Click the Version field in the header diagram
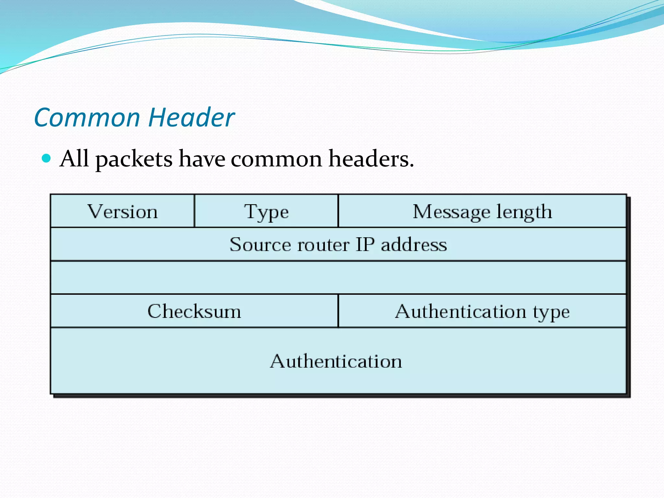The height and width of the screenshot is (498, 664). (123, 212)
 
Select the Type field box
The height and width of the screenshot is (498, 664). (266, 212)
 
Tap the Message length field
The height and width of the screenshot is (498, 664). (482, 212)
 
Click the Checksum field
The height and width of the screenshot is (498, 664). (194, 311)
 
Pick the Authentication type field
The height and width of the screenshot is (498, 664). (482, 311)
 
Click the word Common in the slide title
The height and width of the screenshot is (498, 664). (87, 117)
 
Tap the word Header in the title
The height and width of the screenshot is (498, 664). (191, 117)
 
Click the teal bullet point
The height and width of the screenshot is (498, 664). (47, 159)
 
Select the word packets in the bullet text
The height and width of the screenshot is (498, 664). (134, 159)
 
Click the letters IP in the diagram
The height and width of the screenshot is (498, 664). (365, 244)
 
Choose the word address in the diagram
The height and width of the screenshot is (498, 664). (414, 244)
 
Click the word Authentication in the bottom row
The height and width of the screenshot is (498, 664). (336, 361)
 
